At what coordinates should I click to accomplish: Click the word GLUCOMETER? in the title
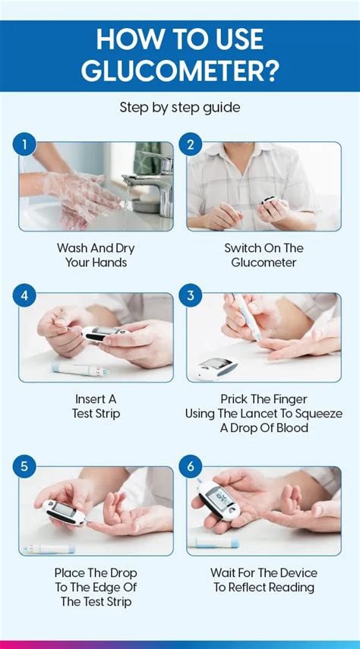(x=180, y=70)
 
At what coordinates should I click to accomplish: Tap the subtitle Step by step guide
(x=180, y=108)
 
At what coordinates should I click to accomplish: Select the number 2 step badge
(x=191, y=143)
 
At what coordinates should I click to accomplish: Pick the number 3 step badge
(x=191, y=295)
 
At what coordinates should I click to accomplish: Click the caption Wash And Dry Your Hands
(x=96, y=255)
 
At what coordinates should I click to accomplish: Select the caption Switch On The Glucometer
(x=264, y=255)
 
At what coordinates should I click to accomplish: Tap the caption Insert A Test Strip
(x=96, y=407)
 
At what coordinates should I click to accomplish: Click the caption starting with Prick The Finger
(x=264, y=413)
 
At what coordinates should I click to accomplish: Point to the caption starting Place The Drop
(x=96, y=587)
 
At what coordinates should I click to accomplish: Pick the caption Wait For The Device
(x=264, y=580)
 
